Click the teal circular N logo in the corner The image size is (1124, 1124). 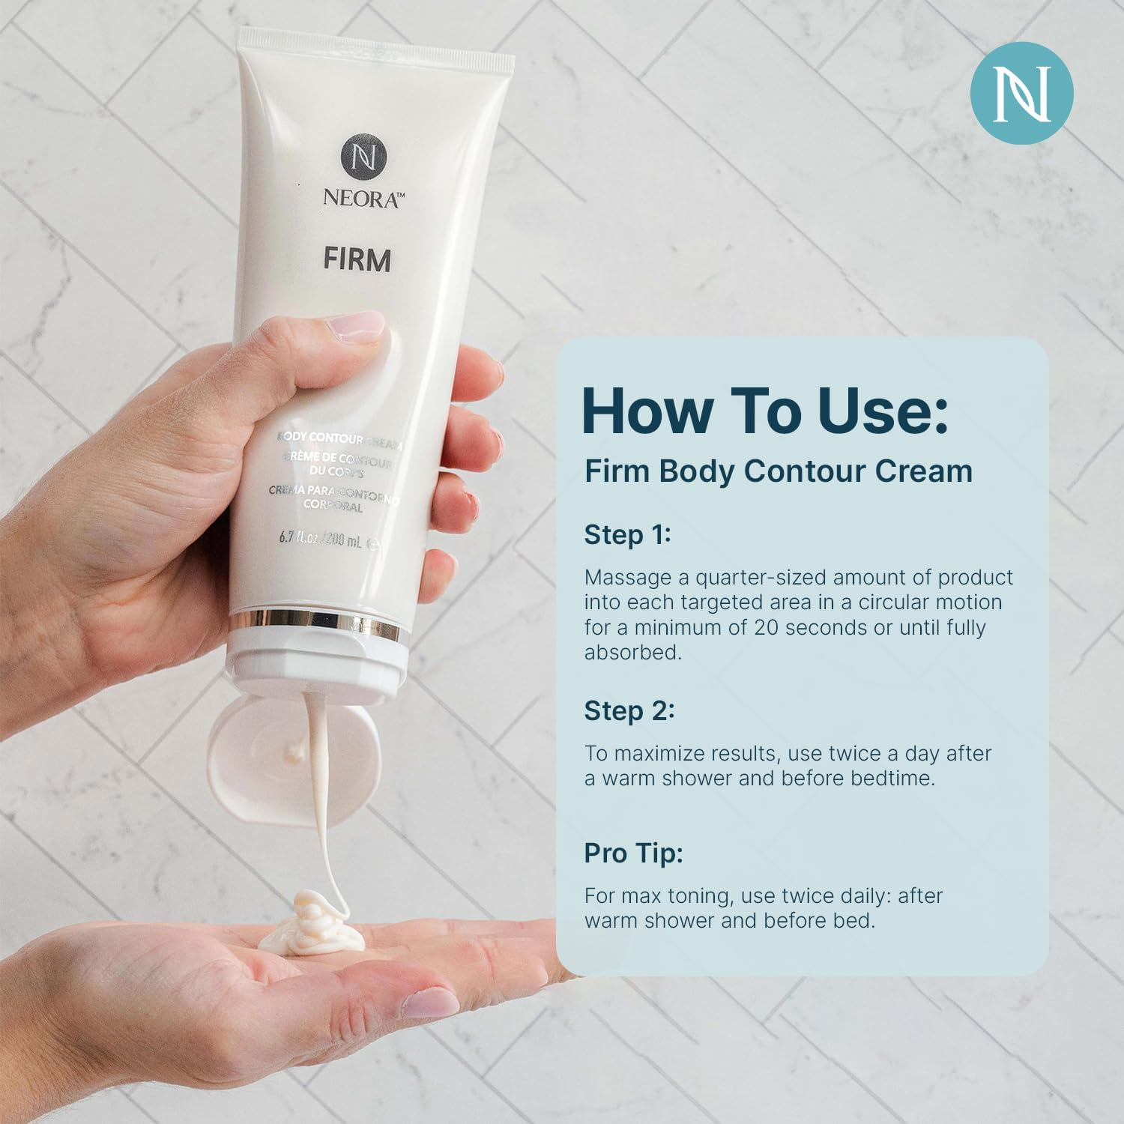(x=1021, y=93)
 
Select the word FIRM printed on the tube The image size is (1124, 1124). (x=357, y=260)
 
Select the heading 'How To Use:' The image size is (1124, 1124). (x=764, y=411)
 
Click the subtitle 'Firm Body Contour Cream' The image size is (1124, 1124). (x=779, y=471)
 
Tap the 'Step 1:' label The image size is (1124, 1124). (x=626, y=535)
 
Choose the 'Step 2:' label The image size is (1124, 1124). (x=629, y=710)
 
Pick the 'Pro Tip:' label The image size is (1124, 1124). (x=633, y=853)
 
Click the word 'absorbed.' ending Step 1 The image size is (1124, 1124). (x=633, y=652)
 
